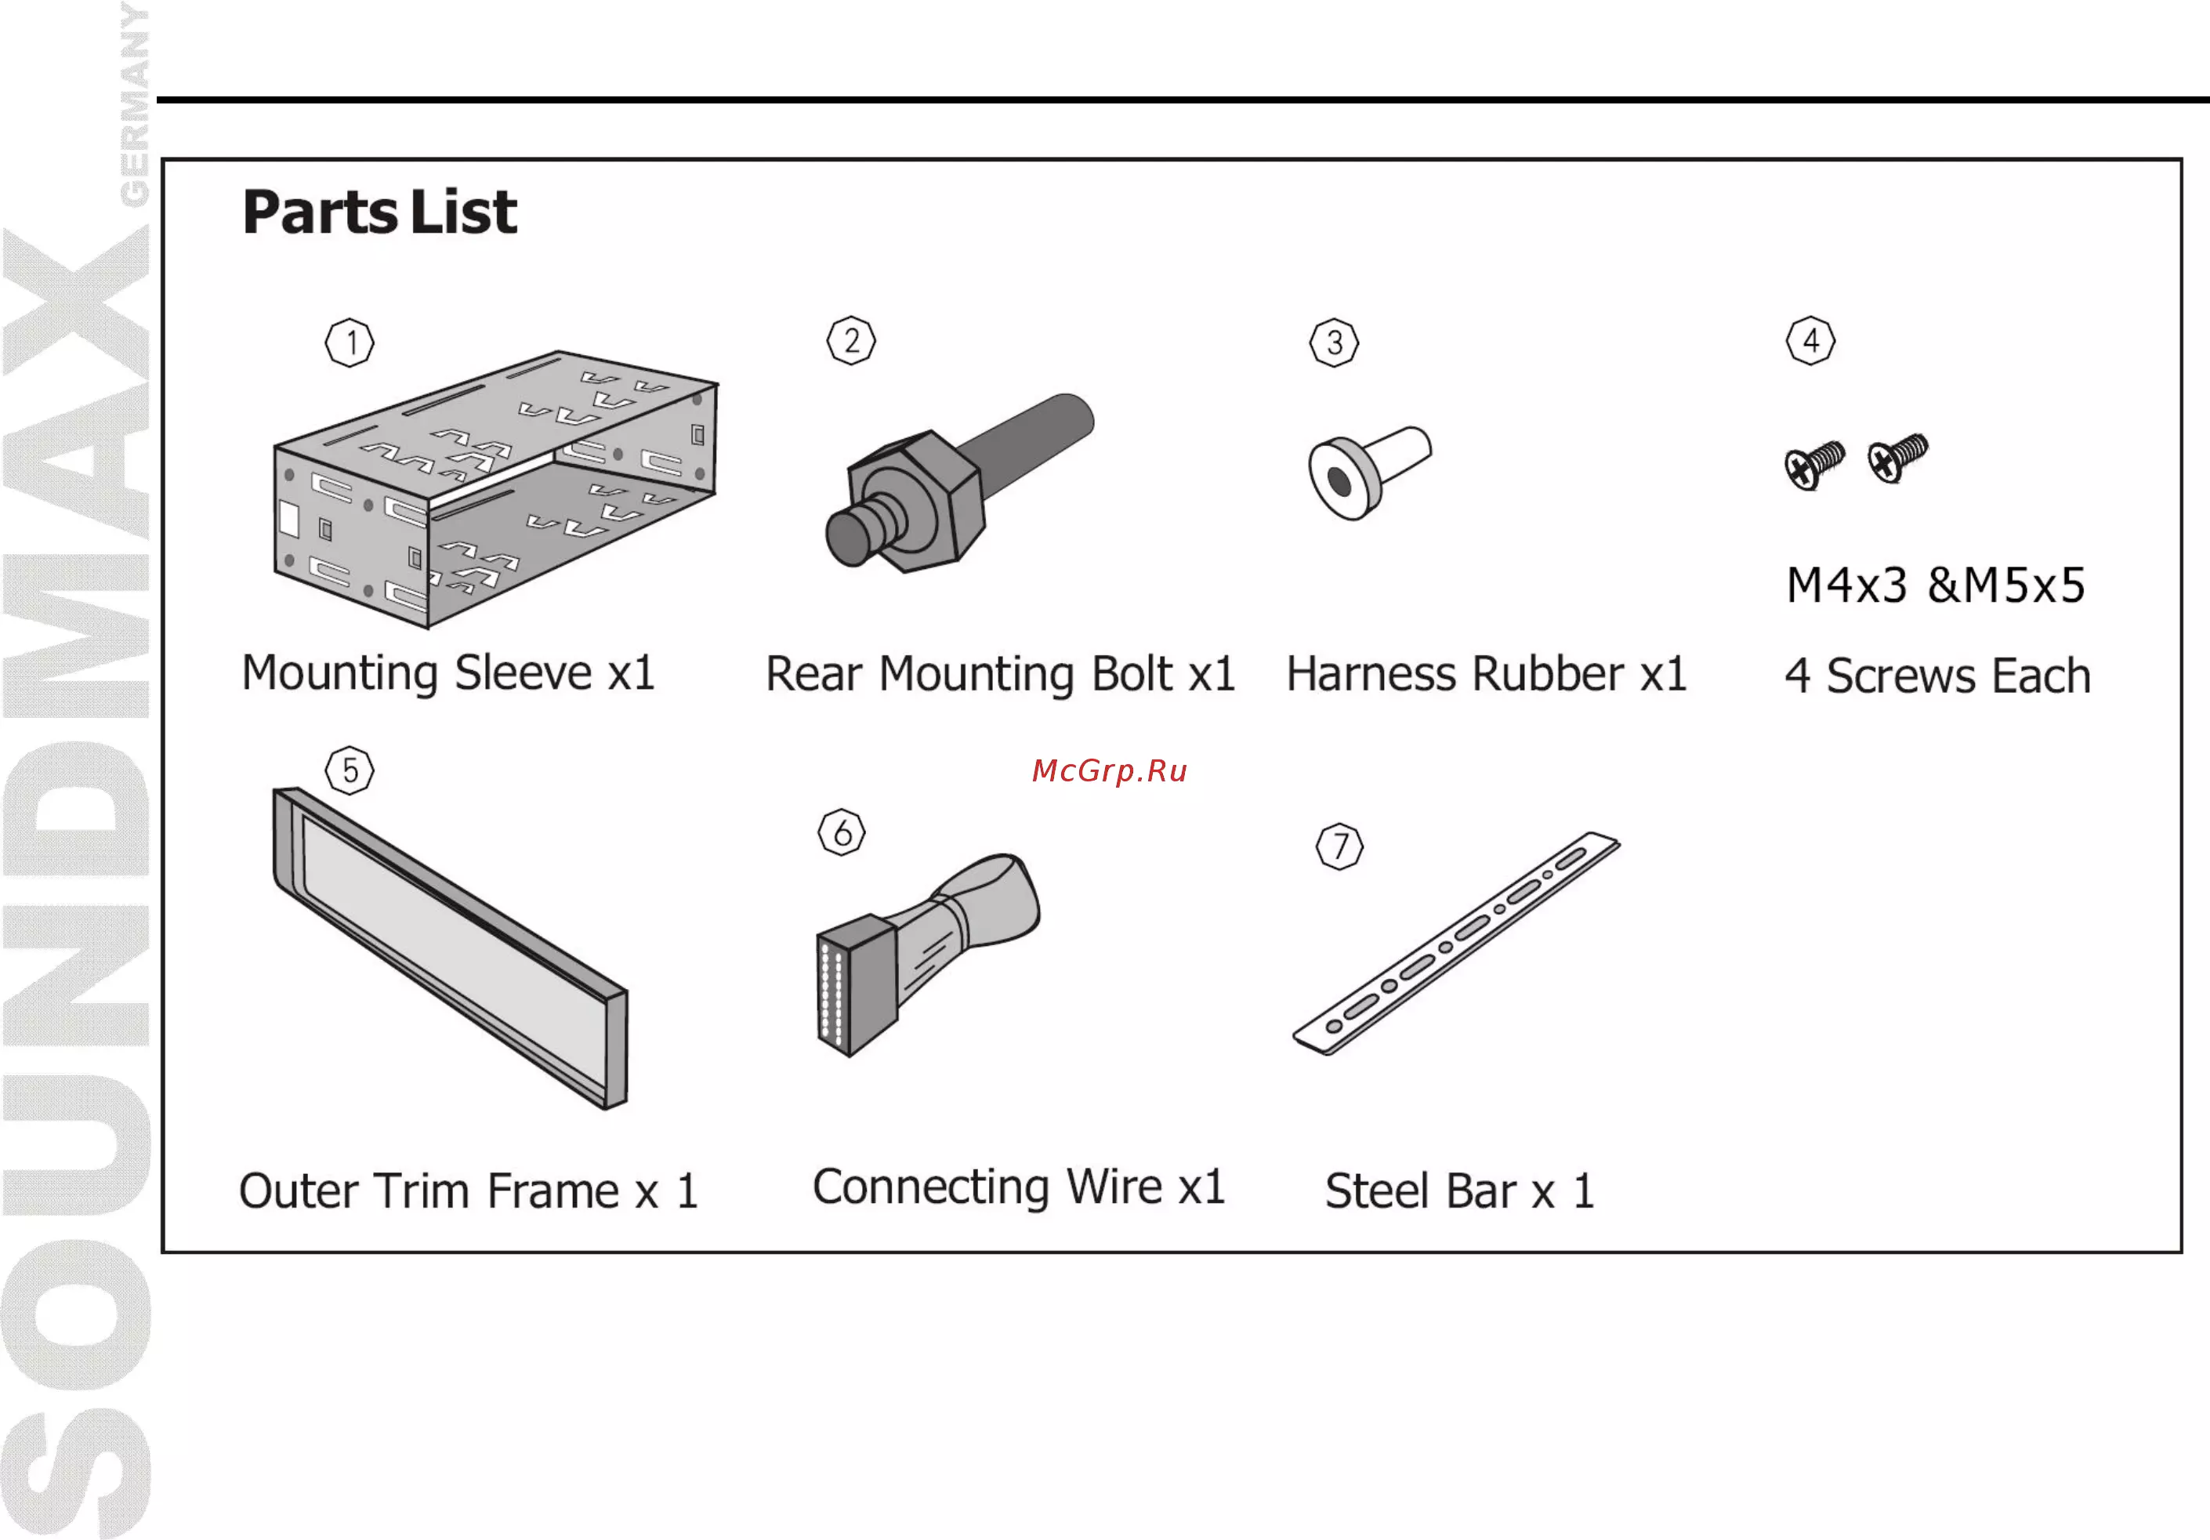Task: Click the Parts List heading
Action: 379,212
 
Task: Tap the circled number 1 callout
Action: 350,342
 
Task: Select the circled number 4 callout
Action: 1810,341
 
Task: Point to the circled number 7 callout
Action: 1340,846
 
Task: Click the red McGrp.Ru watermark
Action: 1109,771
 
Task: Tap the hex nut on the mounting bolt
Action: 916,501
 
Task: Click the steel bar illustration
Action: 1456,944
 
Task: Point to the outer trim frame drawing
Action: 451,948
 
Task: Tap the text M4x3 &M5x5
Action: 1936,584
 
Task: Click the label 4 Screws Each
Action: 1937,675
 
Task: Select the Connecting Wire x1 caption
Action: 1018,1187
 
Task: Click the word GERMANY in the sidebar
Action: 134,104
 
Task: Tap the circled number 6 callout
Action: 842,832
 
